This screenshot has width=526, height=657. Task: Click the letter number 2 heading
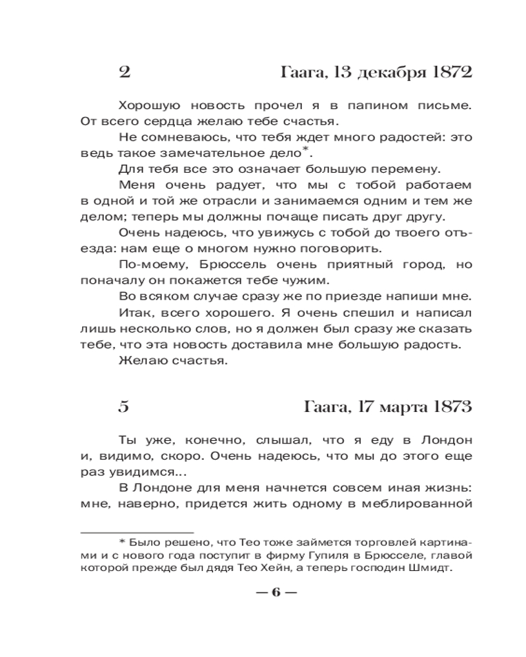(124, 72)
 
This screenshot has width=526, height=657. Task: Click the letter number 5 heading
(124, 407)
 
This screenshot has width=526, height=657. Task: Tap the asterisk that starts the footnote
(122, 543)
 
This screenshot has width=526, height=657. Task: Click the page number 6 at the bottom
(275, 592)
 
